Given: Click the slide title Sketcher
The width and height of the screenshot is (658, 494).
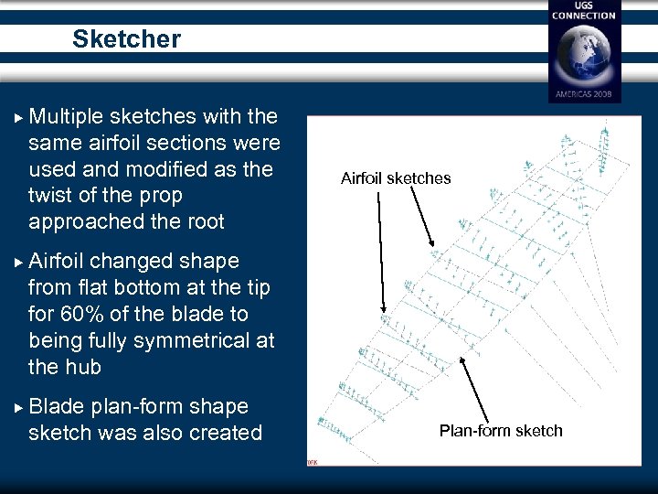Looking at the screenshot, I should pos(126,39).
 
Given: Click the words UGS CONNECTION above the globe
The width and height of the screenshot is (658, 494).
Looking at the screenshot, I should pos(584,10).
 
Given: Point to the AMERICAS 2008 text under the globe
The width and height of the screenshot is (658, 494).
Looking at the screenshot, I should pos(584,94).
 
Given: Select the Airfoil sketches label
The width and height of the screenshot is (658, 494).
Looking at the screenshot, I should pos(396,178).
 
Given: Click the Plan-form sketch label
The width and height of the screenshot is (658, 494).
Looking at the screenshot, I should pos(501,430).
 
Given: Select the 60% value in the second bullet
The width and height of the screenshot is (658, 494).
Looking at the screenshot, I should pos(83,314).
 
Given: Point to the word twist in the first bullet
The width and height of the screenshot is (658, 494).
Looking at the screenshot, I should pos(51,196).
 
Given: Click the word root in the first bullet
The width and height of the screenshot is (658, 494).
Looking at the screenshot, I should pos(204,222).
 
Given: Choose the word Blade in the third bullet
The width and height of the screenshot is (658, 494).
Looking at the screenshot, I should pos(57,406).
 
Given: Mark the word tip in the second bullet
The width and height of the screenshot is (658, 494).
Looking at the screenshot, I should pos(256,287).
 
